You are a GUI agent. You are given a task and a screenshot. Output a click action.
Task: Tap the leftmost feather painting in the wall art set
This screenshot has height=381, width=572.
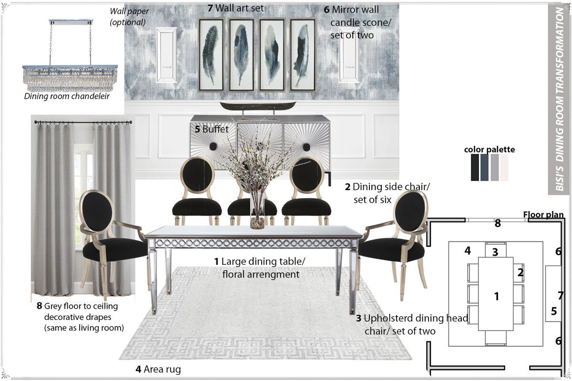210,55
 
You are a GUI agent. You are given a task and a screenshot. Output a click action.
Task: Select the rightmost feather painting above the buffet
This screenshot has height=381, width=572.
302,55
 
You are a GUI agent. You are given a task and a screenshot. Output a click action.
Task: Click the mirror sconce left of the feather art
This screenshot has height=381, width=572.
166,55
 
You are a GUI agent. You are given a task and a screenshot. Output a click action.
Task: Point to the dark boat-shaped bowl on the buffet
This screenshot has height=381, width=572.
257,106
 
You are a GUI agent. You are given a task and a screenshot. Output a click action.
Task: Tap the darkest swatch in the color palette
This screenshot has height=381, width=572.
475,167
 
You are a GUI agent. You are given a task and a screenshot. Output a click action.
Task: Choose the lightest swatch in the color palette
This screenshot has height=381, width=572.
504,167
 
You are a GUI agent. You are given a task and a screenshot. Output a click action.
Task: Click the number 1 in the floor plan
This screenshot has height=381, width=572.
496,296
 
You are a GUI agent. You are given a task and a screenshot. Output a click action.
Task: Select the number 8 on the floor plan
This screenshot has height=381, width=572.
497,223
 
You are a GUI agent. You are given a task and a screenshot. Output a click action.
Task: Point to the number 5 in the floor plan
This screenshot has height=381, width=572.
553,311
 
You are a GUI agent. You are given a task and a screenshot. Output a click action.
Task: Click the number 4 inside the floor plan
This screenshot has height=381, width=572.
468,251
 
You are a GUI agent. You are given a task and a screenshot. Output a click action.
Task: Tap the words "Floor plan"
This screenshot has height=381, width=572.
544,215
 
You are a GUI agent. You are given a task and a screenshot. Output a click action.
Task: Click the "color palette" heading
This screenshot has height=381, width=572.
490,150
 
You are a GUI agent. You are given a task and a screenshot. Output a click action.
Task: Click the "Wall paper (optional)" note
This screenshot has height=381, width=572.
127,17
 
